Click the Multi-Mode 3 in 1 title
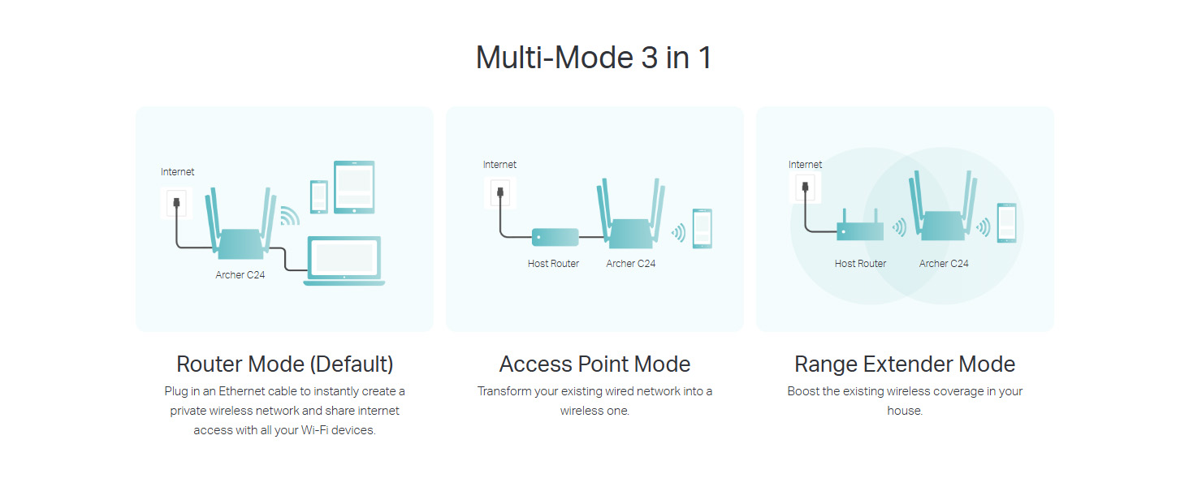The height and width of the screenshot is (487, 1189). [594, 58]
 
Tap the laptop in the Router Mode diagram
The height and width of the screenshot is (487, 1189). [344, 260]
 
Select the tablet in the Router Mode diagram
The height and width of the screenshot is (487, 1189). [354, 187]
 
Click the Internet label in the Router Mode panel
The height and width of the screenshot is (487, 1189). [177, 172]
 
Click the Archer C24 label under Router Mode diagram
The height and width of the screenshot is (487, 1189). [240, 275]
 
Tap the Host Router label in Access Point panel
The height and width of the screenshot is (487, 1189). [553, 264]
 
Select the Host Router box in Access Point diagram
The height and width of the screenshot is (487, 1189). [556, 237]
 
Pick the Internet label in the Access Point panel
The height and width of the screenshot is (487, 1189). [499, 165]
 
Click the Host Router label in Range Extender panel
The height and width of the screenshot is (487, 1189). [860, 264]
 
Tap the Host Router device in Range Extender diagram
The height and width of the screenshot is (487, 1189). [860, 231]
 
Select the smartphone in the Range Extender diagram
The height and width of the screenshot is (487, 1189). [1007, 222]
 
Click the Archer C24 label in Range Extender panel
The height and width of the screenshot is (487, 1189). [944, 264]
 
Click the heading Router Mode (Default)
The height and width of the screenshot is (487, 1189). [284, 364]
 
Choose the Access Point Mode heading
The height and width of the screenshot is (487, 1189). [594, 364]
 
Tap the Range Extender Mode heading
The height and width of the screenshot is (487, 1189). [905, 364]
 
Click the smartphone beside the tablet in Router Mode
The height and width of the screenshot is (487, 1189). [319, 196]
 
